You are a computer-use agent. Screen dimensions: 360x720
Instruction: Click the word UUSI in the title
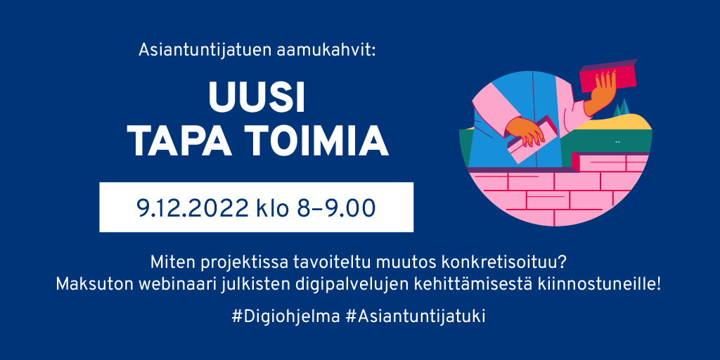click(257, 99)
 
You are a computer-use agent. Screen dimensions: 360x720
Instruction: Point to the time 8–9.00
click(337, 207)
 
